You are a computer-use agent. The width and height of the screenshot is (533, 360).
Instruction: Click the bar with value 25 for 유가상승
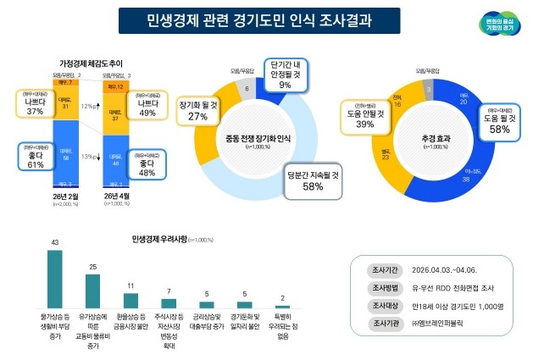[93, 291]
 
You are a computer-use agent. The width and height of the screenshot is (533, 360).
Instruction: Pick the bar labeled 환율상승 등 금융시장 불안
[131, 299]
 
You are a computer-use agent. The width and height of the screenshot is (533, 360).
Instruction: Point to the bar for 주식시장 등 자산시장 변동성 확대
[169, 302]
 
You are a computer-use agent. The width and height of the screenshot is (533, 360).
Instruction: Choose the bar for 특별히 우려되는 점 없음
[282, 306]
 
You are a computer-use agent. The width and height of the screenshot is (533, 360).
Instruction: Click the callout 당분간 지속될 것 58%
[314, 180]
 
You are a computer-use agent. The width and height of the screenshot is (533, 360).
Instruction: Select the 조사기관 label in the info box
[381, 323]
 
